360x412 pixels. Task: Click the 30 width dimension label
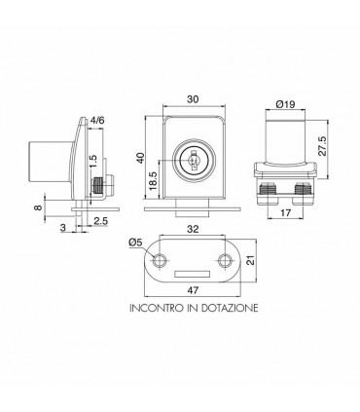[193, 99]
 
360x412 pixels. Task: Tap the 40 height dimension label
[140, 158]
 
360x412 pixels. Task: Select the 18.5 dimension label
[154, 181]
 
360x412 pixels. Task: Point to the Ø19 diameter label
[285, 104]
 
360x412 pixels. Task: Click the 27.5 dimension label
[322, 146]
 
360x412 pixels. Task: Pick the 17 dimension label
[285, 213]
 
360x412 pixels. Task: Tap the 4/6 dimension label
[97, 121]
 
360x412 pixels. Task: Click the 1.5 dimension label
[92, 162]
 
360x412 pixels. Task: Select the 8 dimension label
[38, 207]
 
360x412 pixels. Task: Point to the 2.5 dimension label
[101, 221]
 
